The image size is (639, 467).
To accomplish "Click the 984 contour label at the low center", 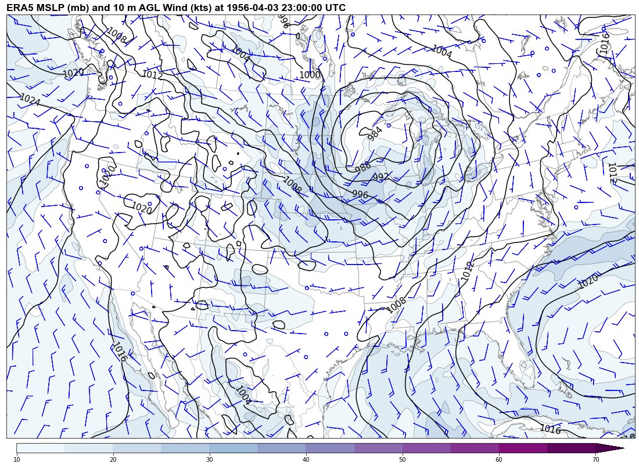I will click(x=376, y=133).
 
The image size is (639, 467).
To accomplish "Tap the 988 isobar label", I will click(x=363, y=167).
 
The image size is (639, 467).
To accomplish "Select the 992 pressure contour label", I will click(x=381, y=177).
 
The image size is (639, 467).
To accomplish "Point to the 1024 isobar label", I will click(x=30, y=100).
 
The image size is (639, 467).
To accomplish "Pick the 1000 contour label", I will click(x=310, y=75).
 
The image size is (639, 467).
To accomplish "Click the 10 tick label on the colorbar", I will click(x=17, y=459).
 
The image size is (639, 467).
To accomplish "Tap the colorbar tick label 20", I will click(x=113, y=459).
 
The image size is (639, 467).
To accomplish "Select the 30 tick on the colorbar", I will click(x=210, y=459).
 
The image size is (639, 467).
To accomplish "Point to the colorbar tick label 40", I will click(x=306, y=459).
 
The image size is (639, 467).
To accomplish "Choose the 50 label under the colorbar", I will click(x=403, y=459).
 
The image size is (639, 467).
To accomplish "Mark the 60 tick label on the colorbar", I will click(x=499, y=459).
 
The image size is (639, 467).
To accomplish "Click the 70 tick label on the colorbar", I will click(x=595, y=459).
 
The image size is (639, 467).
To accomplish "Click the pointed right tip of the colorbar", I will click(x=623, y=448).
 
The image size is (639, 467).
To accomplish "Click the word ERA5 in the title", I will click(x=20, y=8).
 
